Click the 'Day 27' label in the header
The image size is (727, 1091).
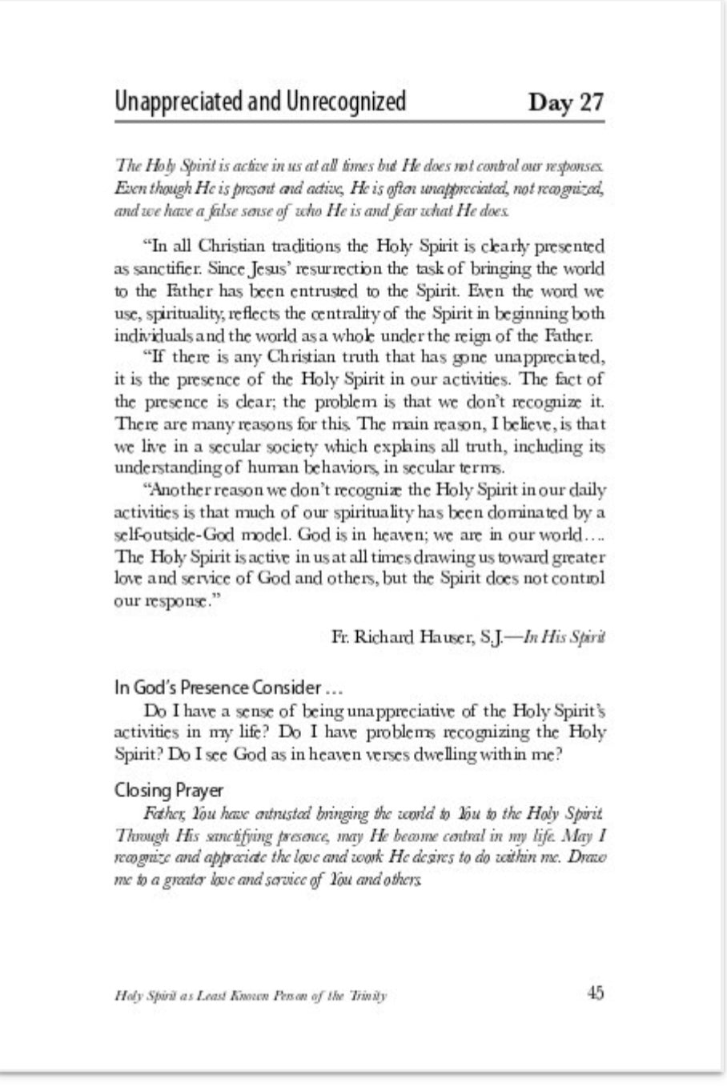coord(565,103)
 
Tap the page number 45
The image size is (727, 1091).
coord(595,993)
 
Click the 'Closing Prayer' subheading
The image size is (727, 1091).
coord(169,791)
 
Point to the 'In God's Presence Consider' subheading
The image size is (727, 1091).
coord(219,687)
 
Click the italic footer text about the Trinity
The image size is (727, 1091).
coord(251,996)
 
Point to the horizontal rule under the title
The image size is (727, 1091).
coord(359,122)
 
